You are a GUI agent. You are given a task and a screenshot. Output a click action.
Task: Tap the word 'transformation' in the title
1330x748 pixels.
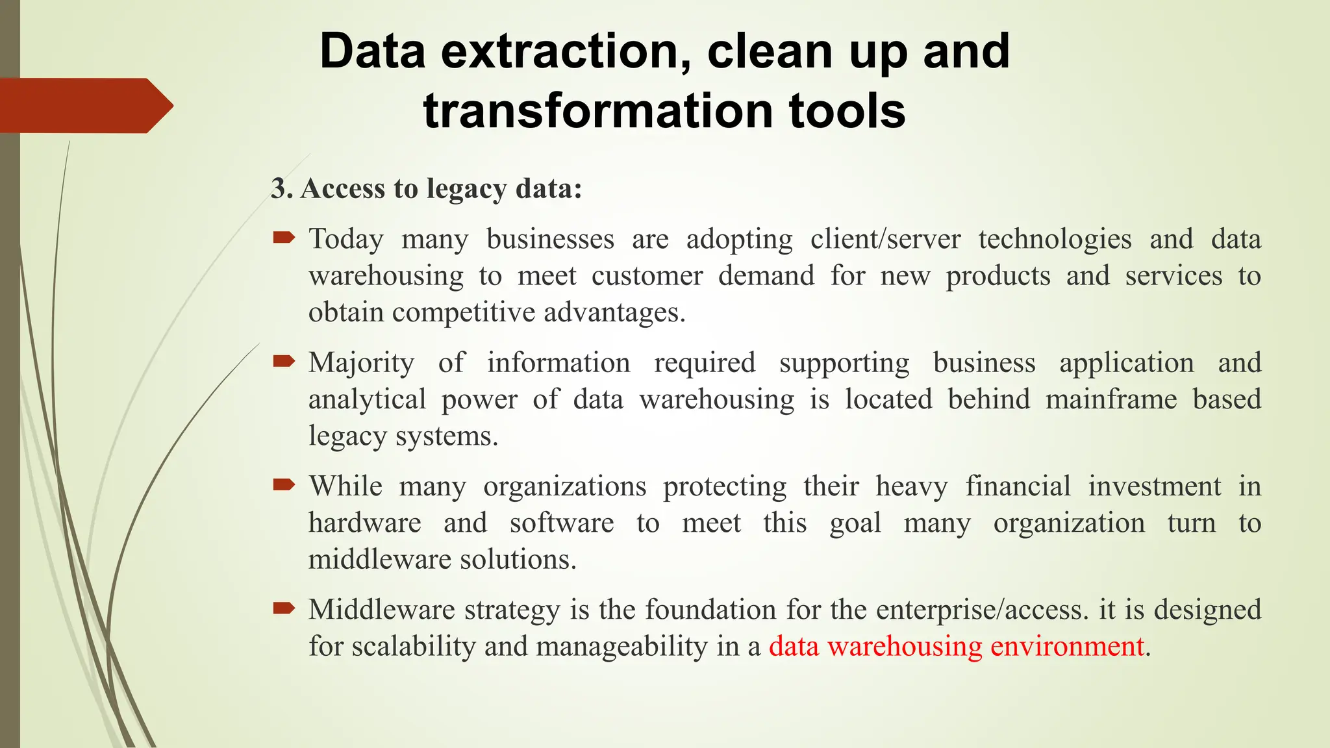[596, 110]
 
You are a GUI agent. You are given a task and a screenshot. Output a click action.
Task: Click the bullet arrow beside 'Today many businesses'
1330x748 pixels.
[284, 238]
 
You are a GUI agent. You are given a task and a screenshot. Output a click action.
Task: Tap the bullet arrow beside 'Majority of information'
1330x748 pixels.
[284, 362]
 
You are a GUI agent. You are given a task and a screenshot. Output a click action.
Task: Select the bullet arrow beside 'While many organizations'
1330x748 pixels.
[284, 485]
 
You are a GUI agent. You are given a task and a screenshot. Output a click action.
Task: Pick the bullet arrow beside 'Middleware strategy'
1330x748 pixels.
[284, 608]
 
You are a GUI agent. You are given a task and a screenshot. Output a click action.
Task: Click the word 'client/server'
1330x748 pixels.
[885, 239]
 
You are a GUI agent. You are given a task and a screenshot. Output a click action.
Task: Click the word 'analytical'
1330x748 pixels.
[367, 399]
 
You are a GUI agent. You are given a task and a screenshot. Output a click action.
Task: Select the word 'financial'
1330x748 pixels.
[1018, 486]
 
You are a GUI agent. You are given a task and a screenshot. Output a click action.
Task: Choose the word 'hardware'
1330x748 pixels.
[364, 523]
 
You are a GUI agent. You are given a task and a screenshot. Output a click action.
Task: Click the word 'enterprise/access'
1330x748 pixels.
[981, 610]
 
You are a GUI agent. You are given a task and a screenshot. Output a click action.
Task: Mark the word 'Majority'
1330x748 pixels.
[361, 363]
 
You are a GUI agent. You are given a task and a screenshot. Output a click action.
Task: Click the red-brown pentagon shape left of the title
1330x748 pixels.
[84, 105]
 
